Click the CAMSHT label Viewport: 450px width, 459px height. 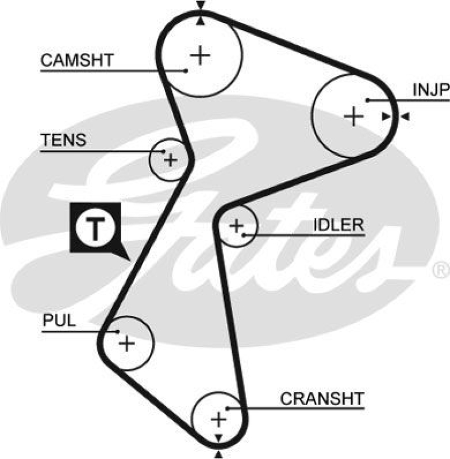click(78, 60)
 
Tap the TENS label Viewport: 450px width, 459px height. click(63, 140)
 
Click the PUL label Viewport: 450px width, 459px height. click(59, 321)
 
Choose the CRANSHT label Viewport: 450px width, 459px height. click(322, 398)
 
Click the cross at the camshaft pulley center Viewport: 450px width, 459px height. click(200, 55)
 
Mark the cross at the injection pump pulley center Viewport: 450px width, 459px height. click(353, 117)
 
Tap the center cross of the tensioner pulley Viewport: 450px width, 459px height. click(170, 159)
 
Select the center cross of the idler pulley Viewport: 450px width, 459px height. click(236, 226)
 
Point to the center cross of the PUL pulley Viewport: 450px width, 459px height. click(126, 344)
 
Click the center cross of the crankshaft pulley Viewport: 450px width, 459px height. click(218, 419)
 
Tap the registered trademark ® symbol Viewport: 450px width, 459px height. click(440, 268)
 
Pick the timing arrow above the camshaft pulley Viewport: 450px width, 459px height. click(200, 6)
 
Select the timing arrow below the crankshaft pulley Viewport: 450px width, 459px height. click(218, 454)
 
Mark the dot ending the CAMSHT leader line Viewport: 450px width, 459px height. click(186, 71)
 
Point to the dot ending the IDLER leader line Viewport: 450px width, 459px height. click(244, 234)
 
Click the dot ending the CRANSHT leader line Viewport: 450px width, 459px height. click(228, 408)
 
